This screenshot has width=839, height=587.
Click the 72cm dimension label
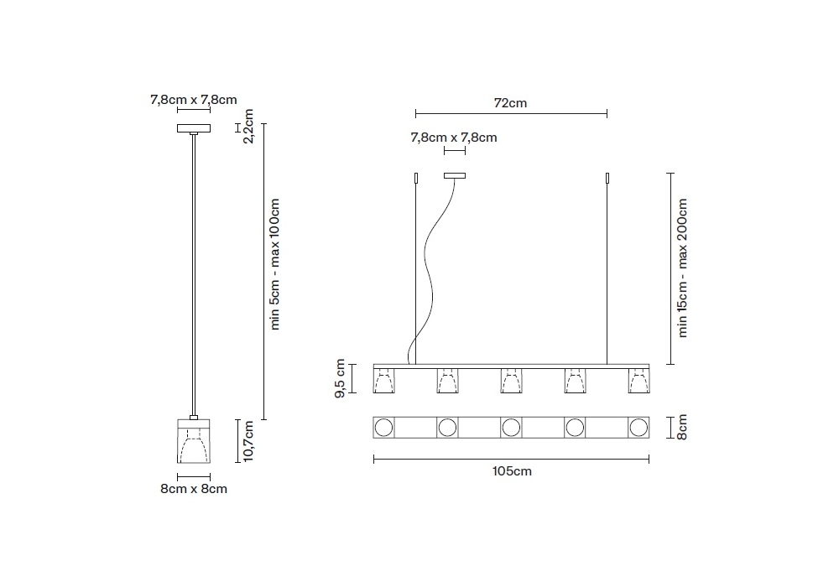(510, 102)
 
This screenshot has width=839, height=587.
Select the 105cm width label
(512, 471)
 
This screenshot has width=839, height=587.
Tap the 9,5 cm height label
(341, 378)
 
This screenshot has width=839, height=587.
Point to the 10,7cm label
(248, 441)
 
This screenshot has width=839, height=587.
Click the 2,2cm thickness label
(248, 126)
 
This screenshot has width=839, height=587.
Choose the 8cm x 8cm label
(194, 489)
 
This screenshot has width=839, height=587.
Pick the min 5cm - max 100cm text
(274, 264)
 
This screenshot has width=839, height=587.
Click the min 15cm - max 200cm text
(682, 268)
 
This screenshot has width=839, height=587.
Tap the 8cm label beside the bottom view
(682, 427)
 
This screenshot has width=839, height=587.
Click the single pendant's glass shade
(194, 441)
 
